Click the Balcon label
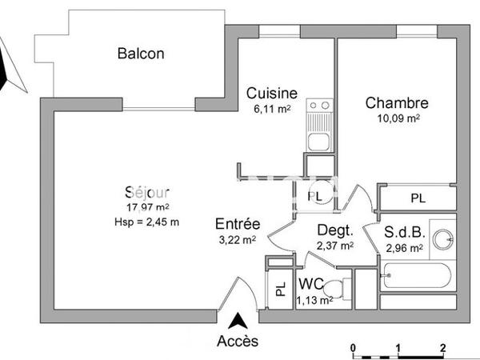141,54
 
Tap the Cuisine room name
272,93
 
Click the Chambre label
397,103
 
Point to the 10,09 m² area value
398,118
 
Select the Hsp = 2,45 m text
147,222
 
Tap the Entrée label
238,224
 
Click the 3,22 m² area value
238,238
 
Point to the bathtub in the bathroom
417,277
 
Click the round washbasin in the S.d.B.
442,238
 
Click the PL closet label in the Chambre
418,198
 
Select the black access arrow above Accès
238,322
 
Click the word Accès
238,342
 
